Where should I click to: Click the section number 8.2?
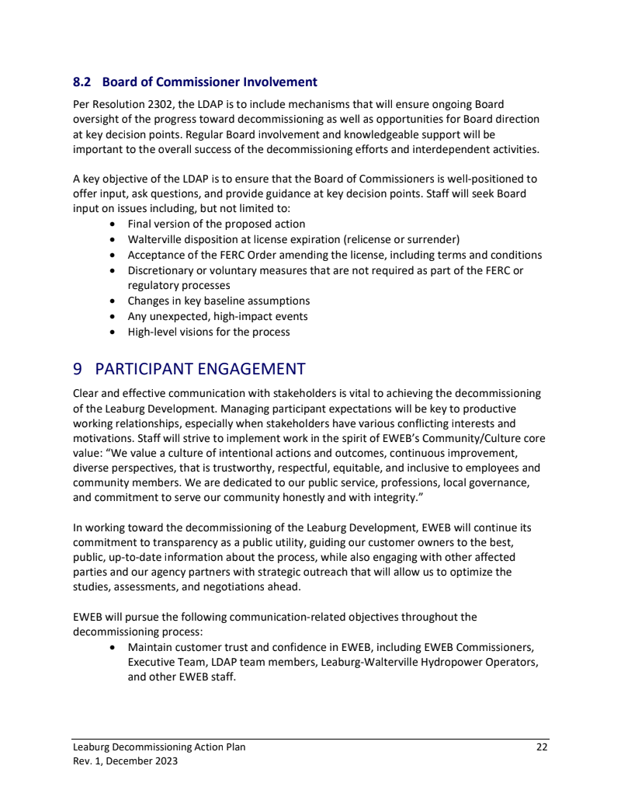click(x=82, y=82)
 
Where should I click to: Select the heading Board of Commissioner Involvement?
click(x=210, y=82)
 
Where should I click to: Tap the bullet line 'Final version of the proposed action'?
click(x=216, y=224)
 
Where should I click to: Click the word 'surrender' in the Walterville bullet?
click(x=433, y=239)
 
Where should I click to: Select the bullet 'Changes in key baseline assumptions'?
click(x=218, y=301)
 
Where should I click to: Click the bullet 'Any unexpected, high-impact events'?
click(x=217, y=316)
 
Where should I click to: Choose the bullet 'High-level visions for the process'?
click(x=208, y=332)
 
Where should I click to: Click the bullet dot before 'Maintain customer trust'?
click(x=114, y=647)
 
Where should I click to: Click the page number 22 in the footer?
click(x=542, y=747)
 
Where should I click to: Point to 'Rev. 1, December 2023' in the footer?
click(x=125, y=761)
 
